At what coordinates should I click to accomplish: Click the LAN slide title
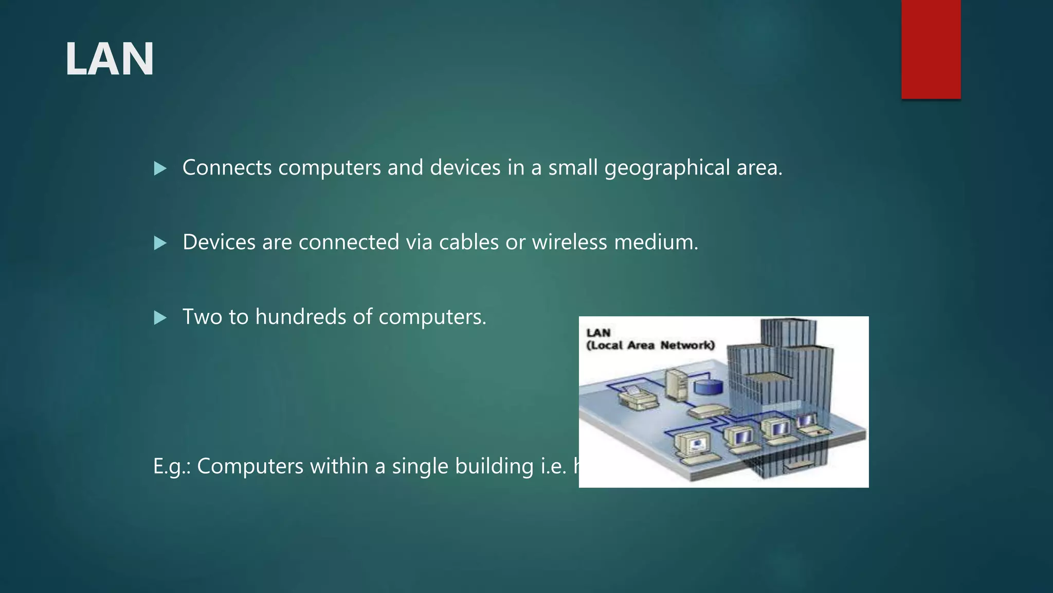[109, 59]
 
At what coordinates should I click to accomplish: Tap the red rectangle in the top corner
[931, 49]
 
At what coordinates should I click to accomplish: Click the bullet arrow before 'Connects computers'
[160, 168]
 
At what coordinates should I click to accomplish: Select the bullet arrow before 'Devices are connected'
[160, 243]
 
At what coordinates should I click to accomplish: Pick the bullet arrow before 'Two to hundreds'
[160, 318]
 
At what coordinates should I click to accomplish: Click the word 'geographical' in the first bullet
[667, 168]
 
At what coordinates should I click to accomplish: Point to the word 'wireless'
[570, 242]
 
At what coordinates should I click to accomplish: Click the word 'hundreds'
[300, 317]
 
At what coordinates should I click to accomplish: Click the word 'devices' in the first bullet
[465, 167]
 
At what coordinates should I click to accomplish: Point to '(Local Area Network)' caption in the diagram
[650, 345]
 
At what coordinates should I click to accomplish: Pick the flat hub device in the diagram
[709, 411]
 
